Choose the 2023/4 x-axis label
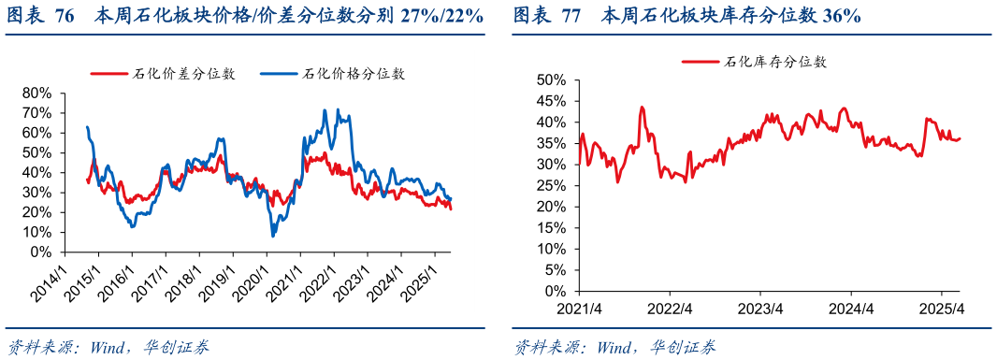[x=760, y=308]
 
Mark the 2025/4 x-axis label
[x=943, y=308]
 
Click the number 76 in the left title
[x=65, y=16]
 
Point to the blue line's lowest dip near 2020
[x=273, y=236]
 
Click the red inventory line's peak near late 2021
[x=643, y=108]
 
